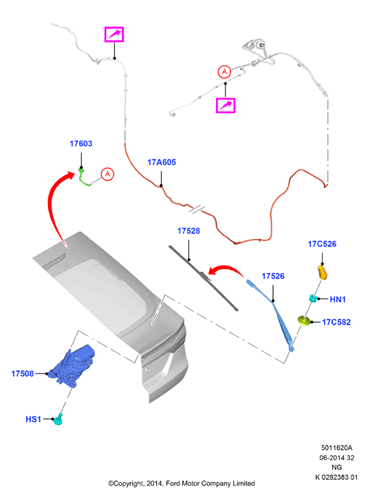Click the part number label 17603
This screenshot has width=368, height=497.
point(81,143)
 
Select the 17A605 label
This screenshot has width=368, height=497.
point(161,162)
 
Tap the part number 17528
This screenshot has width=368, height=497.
point(188,231)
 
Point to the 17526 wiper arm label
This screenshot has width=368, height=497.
point(273,276)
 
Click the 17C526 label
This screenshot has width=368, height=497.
point(322,244)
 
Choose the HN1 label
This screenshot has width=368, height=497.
point(338,299)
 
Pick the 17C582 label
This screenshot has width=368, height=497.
point(336,322)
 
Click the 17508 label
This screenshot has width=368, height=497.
point(23,373)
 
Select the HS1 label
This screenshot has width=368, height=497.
point(33,419)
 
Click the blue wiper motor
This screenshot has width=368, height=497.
point(72,365)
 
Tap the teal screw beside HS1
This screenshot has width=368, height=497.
point(58,419)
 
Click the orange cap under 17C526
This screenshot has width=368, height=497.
point(323,273)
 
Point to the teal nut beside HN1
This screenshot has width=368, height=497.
point(313,298)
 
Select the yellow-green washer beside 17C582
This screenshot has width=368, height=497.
point(304,321)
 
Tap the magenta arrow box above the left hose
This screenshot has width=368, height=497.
point(114,34)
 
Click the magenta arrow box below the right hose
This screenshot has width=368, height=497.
point(226,105)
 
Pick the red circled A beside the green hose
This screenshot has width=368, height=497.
point(107,174)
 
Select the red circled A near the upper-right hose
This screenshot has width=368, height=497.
point(224,72)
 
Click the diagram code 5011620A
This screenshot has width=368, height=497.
point(336,448)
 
